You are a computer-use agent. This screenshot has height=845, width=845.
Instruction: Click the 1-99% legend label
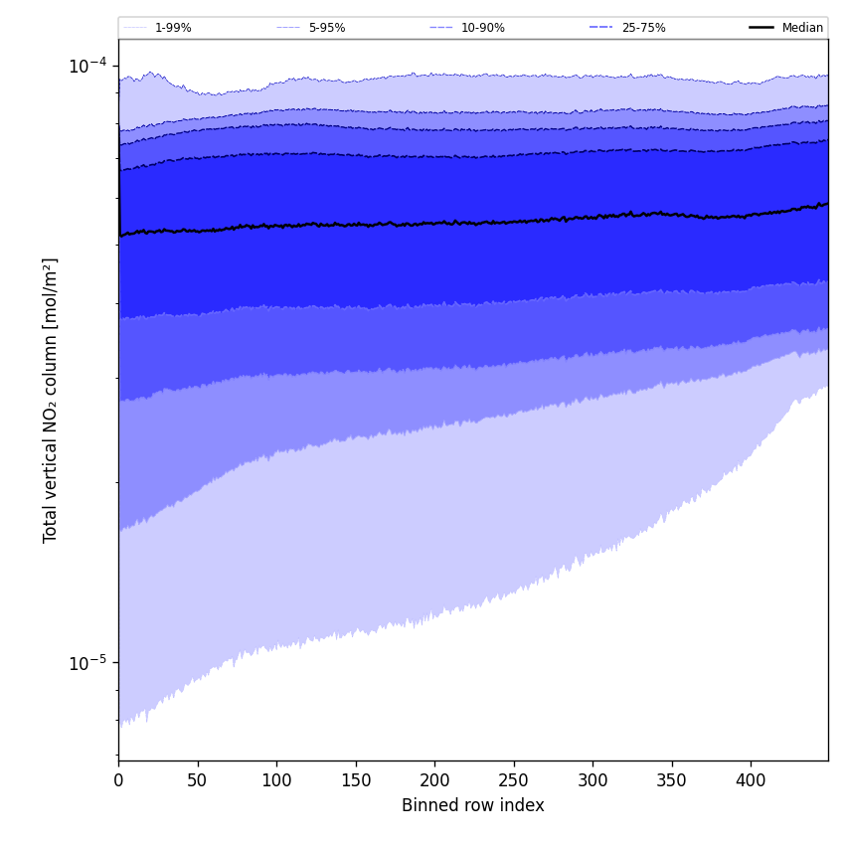point(173,28)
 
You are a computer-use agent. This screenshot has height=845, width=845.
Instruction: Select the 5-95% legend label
point(327,28)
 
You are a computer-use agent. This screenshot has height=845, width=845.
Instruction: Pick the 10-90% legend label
point(482,28)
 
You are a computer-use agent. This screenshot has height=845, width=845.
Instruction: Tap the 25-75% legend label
point(643,28)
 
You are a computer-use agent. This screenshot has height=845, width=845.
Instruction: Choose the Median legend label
point(802,28)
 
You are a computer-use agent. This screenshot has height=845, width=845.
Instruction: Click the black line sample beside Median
point(762,28)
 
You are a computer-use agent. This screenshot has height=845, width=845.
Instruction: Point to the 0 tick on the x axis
point(118,780)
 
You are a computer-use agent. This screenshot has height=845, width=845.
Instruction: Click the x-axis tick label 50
point(197,780)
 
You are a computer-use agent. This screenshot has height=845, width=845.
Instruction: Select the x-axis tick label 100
point(276,780)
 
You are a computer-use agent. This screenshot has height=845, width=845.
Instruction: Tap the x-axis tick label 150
point(355,780)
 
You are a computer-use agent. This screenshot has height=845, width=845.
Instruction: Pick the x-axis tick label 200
point(434,780)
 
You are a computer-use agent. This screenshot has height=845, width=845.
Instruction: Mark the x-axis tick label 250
point(513,780)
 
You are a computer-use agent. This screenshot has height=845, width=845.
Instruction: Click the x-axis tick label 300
point(592,780)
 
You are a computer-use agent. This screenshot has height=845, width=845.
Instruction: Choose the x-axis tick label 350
point(671,780)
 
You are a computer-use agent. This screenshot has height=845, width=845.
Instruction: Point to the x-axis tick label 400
point(751,780)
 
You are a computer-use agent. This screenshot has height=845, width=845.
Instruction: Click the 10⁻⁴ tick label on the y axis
point(87,66)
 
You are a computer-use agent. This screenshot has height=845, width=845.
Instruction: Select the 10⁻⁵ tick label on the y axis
point(87,662)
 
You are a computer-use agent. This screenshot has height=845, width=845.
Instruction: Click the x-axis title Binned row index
point(473,805)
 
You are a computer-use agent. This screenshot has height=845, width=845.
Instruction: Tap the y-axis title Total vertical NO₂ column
point(51,400)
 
